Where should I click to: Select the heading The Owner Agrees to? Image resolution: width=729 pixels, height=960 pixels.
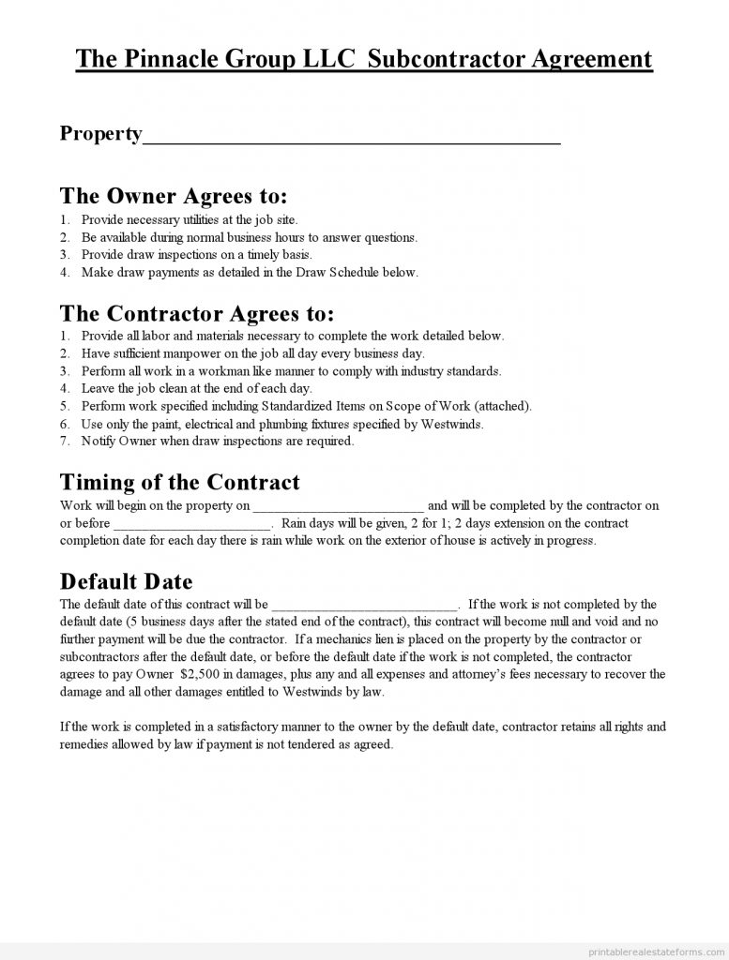coord(174,196)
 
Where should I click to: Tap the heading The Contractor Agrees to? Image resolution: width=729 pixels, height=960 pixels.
coord(197,312)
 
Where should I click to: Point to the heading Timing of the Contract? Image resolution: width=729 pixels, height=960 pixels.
coord(180,482)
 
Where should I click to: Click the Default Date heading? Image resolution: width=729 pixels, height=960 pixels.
coord(127,581)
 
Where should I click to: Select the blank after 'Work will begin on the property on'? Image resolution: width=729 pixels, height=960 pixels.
coord(339,506)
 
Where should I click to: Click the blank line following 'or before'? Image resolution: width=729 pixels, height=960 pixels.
coord(192,524)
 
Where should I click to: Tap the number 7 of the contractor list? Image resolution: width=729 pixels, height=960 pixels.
coord(64,441)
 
